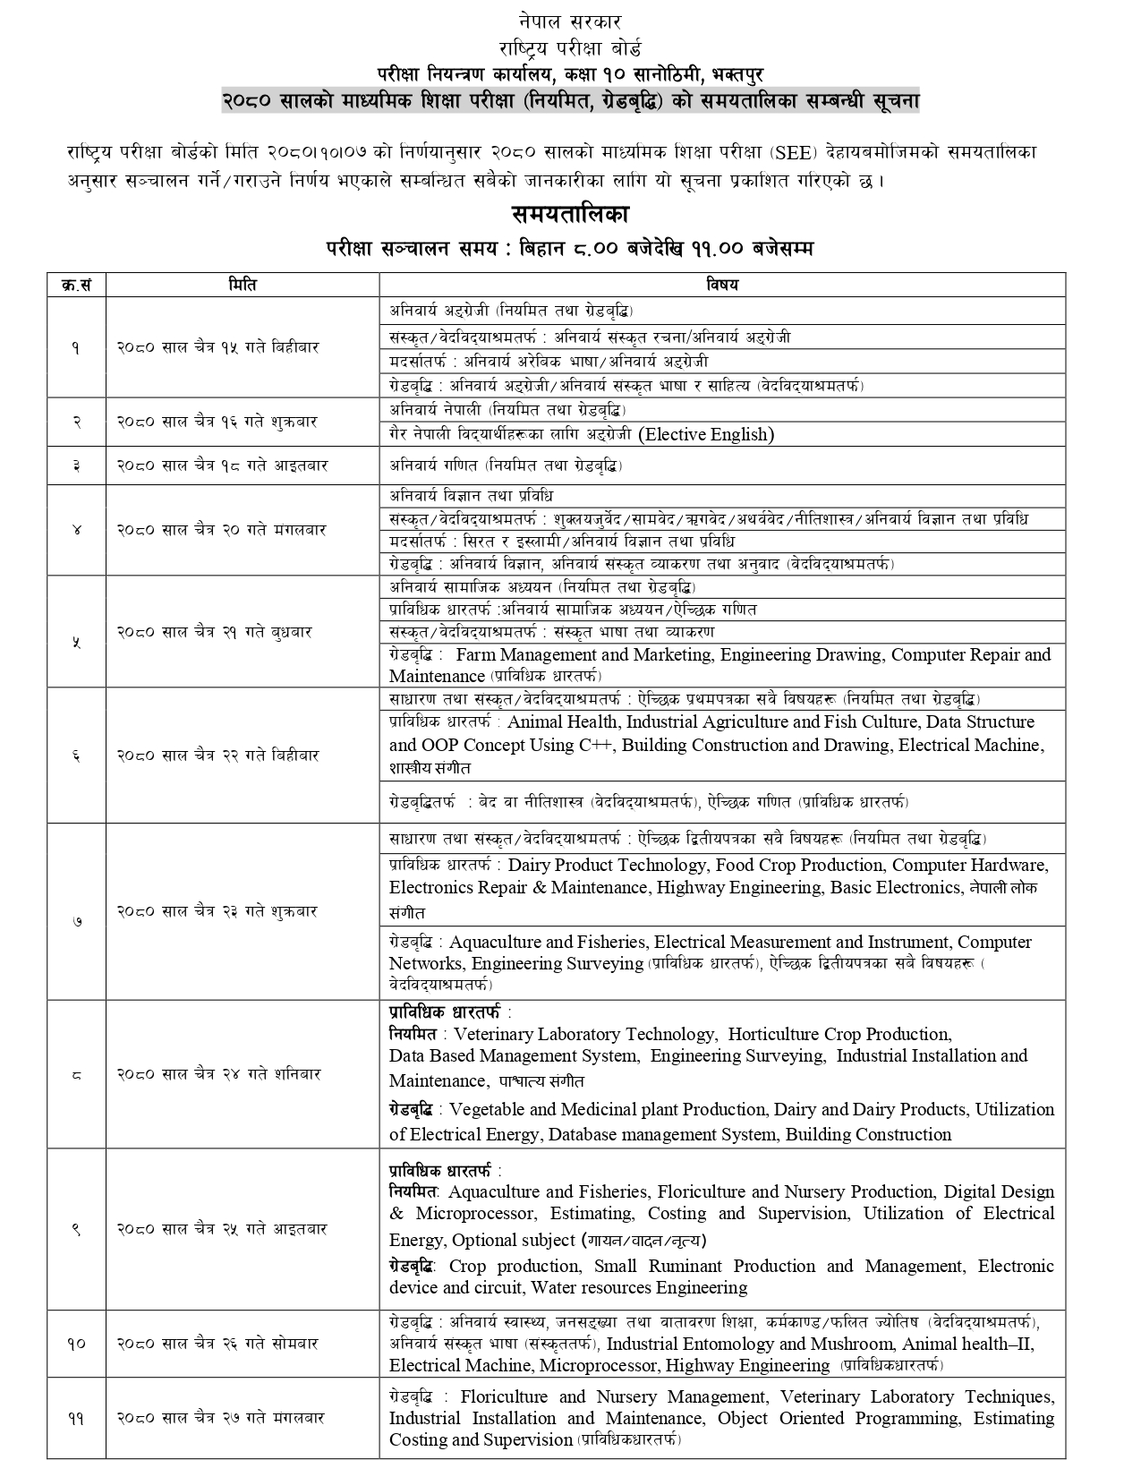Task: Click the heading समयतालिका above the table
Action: click(570, 215)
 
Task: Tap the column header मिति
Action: click(243, 285)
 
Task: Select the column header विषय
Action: click(722, 285)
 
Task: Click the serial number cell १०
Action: click(76, 1344)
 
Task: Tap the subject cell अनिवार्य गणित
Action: click(506, 465)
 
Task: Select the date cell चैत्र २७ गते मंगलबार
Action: click(223, 1418)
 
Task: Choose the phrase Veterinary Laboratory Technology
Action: click(584, 1034)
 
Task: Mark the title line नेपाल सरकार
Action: click(569, 21)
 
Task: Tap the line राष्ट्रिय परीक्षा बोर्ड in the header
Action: click(569, 47)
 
